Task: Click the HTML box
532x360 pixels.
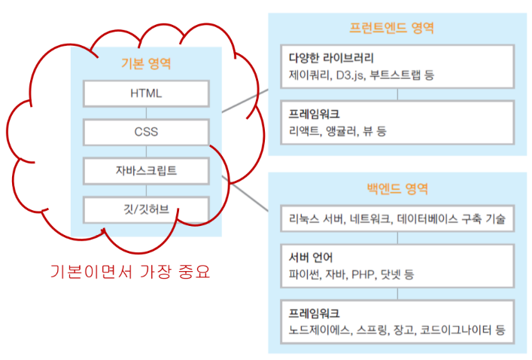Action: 145,94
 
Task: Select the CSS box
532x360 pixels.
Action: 145,133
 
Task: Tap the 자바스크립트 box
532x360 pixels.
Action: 145,170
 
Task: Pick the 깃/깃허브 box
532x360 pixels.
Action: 145,209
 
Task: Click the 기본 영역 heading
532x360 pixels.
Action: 146,63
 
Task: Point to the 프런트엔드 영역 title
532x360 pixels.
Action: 391,28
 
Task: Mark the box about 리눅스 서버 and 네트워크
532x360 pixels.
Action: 397,219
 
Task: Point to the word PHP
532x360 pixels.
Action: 363,274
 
